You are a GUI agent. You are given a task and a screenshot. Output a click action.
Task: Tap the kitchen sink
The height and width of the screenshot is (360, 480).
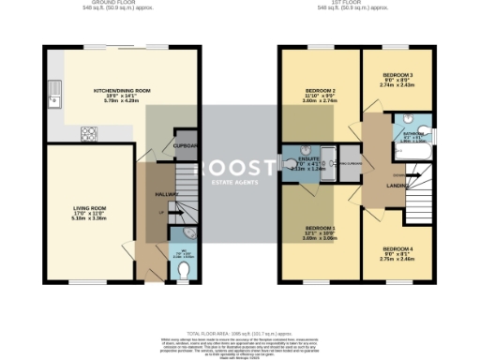point(56,93)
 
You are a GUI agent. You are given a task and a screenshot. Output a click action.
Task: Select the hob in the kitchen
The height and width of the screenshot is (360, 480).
point(89,132)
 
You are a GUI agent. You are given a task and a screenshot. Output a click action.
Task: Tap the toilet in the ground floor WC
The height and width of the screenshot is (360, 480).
point(184,270)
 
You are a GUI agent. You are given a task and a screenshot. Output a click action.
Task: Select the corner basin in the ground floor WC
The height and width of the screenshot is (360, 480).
point(191,233)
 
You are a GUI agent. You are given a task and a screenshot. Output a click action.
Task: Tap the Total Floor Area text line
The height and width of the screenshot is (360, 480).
point(240,333)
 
